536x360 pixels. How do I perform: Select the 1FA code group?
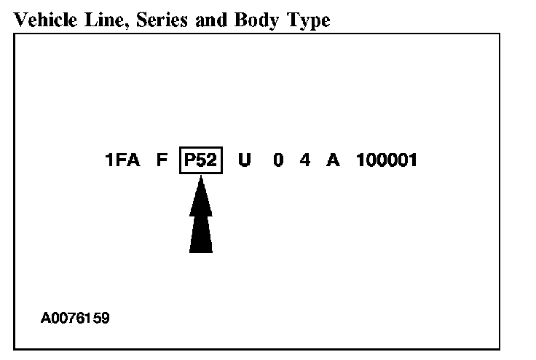point(122,160)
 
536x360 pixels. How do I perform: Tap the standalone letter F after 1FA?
point(162,160)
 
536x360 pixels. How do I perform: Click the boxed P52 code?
point(200,160)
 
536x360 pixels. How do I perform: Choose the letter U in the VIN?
point(244,160)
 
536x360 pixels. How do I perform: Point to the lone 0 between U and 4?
point(278,160)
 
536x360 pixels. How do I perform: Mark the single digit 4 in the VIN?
point(304,160)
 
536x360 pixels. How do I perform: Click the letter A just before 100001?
point(333,160)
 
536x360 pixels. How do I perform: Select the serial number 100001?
point(387,160)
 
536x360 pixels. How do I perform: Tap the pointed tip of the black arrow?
point(201,179)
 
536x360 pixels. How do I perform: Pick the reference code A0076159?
point(76,318)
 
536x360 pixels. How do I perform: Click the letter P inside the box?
point(190,160)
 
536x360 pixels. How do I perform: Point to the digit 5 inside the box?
point(201,160)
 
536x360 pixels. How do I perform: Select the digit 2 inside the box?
point(211,160)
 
